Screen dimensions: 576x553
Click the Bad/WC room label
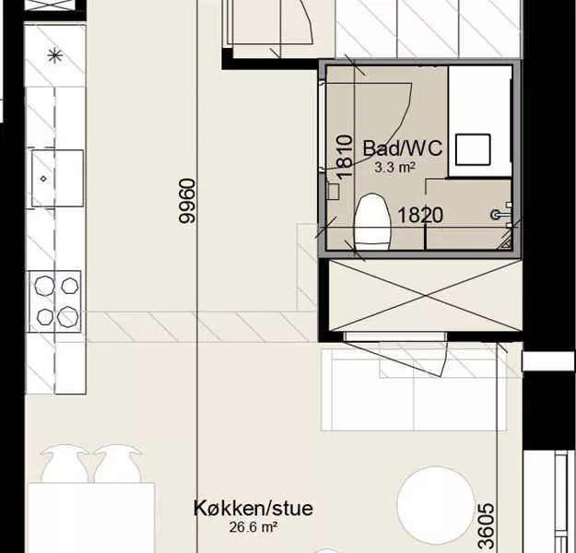[x=403, y=148]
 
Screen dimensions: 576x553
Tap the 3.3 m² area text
[x=394, y=168]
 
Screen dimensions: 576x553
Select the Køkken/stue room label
[x=253, y=509]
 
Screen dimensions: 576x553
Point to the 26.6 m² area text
[x=253, y=527]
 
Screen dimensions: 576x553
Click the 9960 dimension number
[x=187, y=201]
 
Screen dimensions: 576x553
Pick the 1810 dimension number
[x=345, y=157]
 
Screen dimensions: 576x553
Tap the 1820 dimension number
[x=420, y=216]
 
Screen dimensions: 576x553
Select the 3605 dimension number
[x=486, y=526]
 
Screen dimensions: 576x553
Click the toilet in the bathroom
[x=371, y=222]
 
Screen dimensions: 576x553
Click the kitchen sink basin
[x=57, y=178]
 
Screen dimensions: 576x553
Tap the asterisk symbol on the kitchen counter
[x=55, y=56]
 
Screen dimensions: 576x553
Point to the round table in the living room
[x=436, y=506]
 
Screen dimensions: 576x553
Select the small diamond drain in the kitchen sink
[x=43, y=179]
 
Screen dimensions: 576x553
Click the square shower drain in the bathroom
[x=473, y=149]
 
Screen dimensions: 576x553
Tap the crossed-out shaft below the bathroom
[x=426, y=296]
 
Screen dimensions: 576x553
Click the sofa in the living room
[x=414, y=390]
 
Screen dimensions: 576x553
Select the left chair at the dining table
[x=65, y=464]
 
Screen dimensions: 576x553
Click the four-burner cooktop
[x=55, y=301]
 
